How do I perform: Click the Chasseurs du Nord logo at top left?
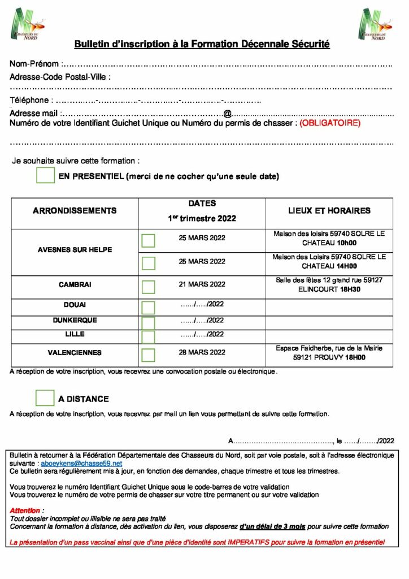pyautogui.click(x=27, y=24)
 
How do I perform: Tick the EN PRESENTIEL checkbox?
pyautogui.click(x=45, y=175)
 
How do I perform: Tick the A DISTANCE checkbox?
pyautogui.click(x=45, y=397)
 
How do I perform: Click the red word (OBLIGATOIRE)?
pyautogui.click(x=330, y=123)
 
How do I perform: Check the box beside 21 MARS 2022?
pyautogui.click(x=148, y=287)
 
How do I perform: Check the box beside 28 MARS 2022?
pyautogui.click(x=148, y=355)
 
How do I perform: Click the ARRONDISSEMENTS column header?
pyautogui.click(x=75, y=211)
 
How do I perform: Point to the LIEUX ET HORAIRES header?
pyautogui.click(x=329, y=211)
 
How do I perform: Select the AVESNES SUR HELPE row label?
pyautogui.click(x=75, y=250)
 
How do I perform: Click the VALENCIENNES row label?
pyautogui.click(x=75, y=353)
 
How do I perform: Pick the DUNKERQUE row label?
pyautogui.click(x=75, y=321)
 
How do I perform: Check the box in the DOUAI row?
pyautogui.click(x=148, y=308)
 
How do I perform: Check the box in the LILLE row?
pyautogui.click(x=148, y=337)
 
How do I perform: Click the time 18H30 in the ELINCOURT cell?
pyautogui.click(x=350, y=289)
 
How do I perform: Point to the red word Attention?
pyautogui.click(x=25, y=511)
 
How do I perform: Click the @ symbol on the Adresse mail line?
pyautogui.click(x=227, y=114)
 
